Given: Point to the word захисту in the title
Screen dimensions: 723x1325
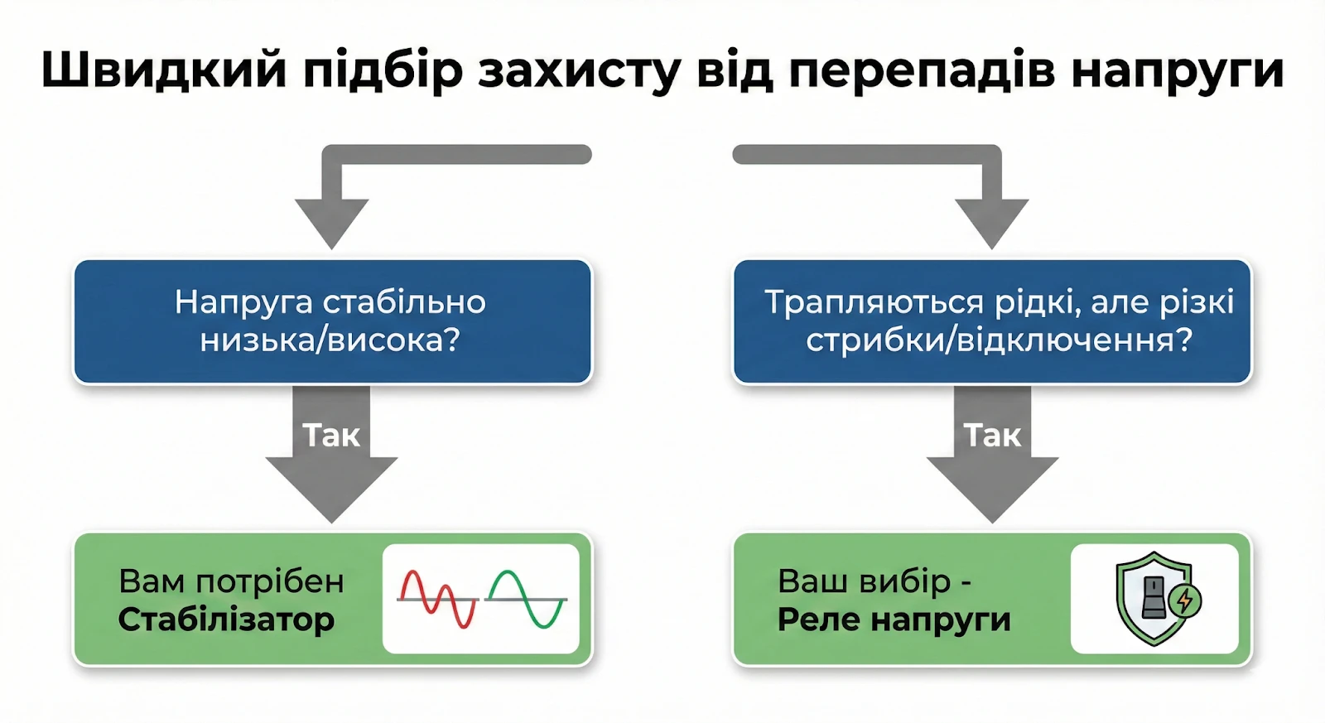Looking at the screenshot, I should click(579, 70).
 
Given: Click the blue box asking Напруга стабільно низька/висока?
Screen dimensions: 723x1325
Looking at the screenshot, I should click(332, 321).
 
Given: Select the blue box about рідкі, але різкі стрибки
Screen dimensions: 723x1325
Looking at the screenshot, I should click(992, 321).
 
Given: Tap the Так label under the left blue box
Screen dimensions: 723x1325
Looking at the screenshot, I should click(331, 436).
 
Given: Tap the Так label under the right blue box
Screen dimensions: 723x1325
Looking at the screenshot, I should click(992, 436).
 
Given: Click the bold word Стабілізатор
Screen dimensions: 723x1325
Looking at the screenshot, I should click(226, 619).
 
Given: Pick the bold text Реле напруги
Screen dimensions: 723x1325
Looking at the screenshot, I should click(894, 619).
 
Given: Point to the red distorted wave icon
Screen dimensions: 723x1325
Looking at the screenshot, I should click(437, 598).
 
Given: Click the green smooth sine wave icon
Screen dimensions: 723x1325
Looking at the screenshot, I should click(526, 598).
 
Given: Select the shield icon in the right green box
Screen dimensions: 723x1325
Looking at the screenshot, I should click(1151, 598).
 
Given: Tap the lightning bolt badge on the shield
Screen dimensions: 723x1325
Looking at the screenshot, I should click(1185, 599).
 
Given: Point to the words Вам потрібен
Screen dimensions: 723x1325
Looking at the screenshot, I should click(231, 581).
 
